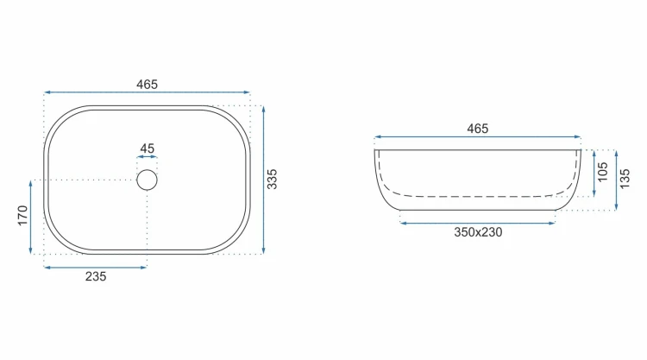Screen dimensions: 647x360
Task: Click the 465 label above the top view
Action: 147,85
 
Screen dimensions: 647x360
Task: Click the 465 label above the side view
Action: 477,129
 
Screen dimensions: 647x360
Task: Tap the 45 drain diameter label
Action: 147,148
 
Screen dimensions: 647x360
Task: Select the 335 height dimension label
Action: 272,180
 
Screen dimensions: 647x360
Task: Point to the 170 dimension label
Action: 22,215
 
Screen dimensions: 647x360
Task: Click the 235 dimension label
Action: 96,276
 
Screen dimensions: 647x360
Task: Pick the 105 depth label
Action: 603,172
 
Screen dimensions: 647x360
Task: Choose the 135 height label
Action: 625,179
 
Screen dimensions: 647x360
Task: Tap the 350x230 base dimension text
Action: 478,232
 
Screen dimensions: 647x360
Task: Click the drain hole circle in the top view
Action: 147,170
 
